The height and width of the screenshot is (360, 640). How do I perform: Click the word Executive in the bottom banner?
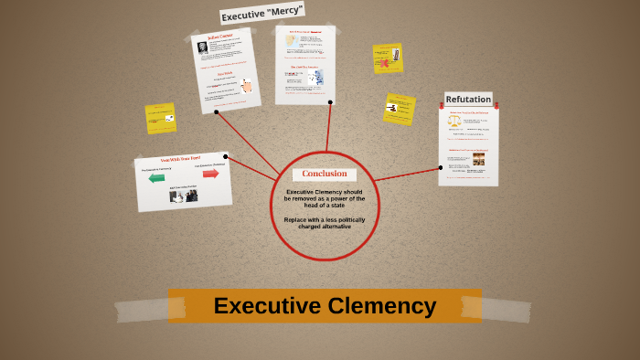(x=266, y=305)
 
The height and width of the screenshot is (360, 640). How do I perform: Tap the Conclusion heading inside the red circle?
(x=325, y=174)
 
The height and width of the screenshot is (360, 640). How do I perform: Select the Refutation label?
(x=468, y=99)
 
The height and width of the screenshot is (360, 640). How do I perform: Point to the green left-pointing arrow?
(x=156, y=177)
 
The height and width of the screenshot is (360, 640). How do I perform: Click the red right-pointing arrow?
(x=210, y=173)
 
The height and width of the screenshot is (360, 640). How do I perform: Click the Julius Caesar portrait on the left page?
(x=202, y=48)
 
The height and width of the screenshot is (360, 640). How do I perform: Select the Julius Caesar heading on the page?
(x=220, y=37)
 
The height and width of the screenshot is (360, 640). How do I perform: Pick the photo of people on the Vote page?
(x=184, y=196)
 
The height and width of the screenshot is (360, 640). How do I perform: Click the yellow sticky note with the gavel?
(x=399, y=108)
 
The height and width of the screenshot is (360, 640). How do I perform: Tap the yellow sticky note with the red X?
(x=388, y=58)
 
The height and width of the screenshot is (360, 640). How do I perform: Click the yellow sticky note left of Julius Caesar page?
(x=160, y=118)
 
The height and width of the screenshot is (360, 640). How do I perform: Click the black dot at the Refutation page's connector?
(x=440, y=167)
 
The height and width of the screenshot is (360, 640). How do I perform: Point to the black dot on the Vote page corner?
(x=226, y=157)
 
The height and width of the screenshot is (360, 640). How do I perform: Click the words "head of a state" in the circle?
(x=325, y=205)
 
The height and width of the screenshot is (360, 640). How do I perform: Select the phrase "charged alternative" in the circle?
(x=325, y=226)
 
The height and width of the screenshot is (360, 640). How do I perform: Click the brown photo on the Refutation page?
(x=478, y=160)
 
